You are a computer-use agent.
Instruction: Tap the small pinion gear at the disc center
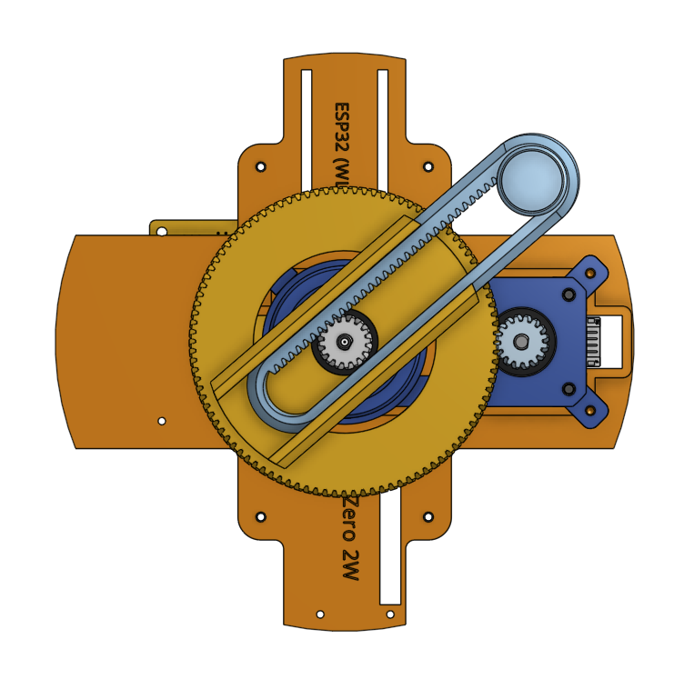pos(345,342)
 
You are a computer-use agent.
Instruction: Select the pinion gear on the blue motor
pos(522,342)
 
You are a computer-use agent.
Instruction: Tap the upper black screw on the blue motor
pos(569,295)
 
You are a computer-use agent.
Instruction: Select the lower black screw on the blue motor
pos(569,389)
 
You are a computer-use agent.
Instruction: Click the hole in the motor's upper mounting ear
pos(590,272)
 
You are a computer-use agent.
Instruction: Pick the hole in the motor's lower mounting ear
pos(590,411)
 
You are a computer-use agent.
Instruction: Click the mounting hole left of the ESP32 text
pos(261,167)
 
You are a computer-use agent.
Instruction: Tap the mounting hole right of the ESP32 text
pos(428,167)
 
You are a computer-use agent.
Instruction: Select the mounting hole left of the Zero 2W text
pos(261,516)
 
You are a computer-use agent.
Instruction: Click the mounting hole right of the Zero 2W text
pos(428,516)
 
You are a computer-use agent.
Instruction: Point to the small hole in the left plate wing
pos(162,421)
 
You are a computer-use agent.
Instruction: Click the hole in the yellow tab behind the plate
pos(162,231)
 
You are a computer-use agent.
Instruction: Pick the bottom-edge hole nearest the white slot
pos(390,614)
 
